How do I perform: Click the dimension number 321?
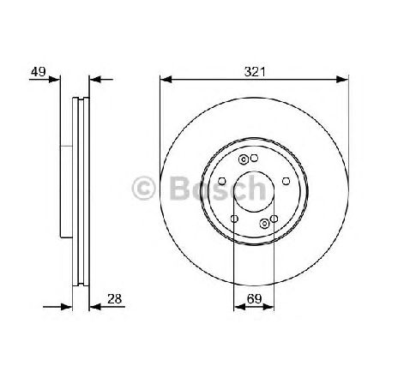tap(255, 72)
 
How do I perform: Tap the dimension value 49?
tap(39, 72)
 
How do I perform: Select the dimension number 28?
tap(114, 299)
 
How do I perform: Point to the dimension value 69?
tap(254, 299)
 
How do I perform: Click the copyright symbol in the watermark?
tap(143, 189)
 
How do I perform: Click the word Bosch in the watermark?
tap(218, 189)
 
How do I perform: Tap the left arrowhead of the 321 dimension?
tap(166, 80)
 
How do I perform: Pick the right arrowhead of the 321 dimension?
tap(342, 80)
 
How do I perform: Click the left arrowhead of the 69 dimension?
tap(239, 307)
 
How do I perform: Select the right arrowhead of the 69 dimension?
tap(268, 307)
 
